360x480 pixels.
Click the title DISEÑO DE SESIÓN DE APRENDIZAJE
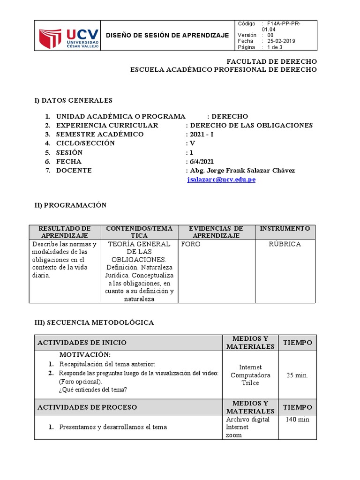coord(167,35)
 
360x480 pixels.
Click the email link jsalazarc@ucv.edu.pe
coord(221,180)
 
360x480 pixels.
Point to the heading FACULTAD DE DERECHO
coord(271,61)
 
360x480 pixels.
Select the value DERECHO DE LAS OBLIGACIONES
coord(251,125)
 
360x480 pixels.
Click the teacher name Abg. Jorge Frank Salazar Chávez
coord(242,170)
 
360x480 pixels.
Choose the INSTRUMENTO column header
coord(285,228)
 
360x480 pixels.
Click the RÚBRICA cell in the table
coord(285,244)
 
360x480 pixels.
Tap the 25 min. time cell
coord(297,375)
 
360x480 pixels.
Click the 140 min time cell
coord(297,420)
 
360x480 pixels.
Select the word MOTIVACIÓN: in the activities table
coord(85,355)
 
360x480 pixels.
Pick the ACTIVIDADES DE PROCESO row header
coord(87,407)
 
